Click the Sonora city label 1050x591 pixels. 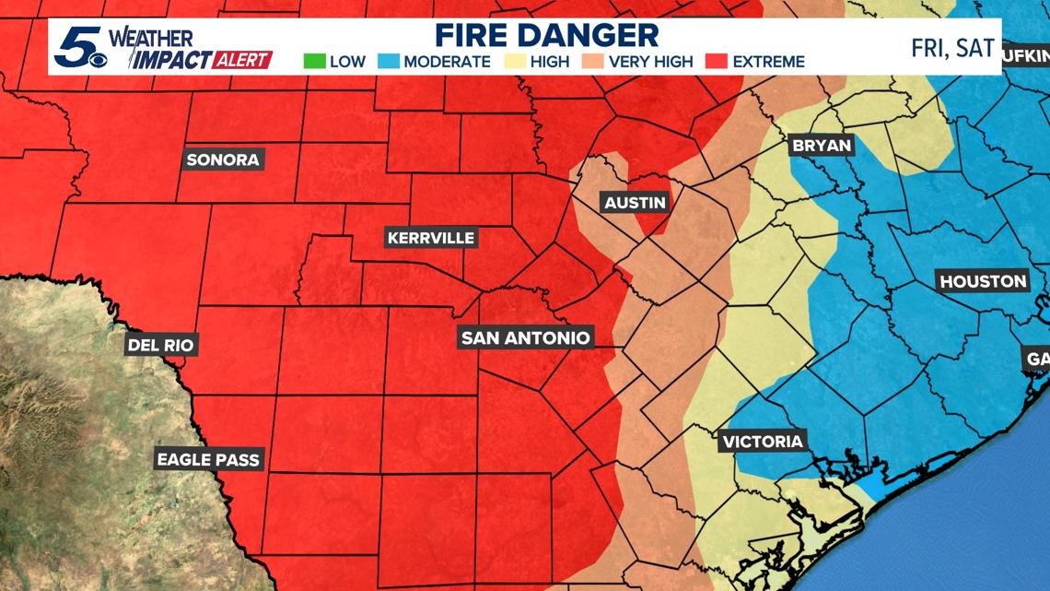223,160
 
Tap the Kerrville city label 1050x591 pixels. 431,238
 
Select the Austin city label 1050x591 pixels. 634,202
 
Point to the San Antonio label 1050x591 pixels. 525,337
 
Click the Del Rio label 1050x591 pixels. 162,346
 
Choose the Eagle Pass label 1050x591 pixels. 208,459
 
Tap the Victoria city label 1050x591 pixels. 763,441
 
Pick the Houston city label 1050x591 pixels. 983,281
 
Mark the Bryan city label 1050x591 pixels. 822,146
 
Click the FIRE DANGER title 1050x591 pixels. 546,35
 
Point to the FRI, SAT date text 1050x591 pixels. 952,48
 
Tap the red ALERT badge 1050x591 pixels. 242,61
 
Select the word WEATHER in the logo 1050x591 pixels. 151,39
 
